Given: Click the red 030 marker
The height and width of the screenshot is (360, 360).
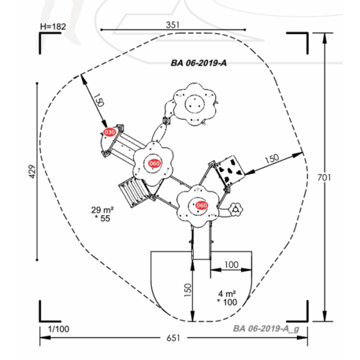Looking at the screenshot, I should (x=109, y=132).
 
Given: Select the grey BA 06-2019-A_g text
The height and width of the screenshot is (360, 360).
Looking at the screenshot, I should (x=266, y=328).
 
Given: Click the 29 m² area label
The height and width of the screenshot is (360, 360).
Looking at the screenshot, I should (x=102, y=209).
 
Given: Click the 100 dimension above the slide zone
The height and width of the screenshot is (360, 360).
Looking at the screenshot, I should (x=231, y=264).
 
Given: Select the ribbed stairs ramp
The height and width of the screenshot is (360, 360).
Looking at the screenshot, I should (x=132, y=190).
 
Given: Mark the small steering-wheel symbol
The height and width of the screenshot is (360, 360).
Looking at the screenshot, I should (x=237, y=210).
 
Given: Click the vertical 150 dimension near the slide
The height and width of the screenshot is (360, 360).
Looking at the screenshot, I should (x=187, y=291).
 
